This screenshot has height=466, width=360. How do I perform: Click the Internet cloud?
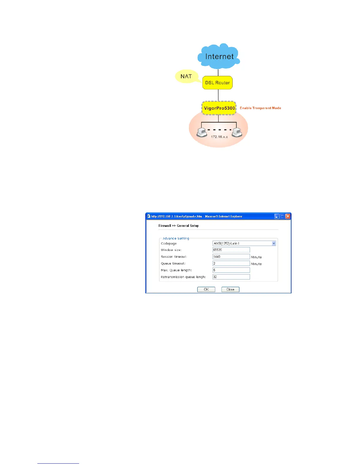219,56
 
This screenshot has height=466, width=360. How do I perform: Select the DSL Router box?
217,83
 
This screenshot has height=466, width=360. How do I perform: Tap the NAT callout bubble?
186,76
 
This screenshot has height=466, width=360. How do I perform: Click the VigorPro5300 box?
219,108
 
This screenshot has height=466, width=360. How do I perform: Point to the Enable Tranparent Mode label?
260,108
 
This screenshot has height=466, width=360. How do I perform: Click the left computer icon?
202,132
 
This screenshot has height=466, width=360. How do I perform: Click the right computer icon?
237,132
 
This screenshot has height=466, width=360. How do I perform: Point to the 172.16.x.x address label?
219,137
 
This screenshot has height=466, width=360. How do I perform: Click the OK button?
206,289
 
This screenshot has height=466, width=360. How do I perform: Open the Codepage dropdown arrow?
274,243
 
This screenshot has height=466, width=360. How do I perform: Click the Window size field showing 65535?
231,250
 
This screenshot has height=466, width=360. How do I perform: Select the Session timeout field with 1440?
231,257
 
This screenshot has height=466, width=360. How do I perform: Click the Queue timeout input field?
231,263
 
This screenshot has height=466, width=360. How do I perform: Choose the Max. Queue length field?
231,270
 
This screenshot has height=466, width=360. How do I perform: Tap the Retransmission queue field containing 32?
231,277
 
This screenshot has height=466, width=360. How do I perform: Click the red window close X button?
288,216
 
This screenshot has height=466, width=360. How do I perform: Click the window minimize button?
276,216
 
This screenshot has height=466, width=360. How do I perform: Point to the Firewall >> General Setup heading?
179,226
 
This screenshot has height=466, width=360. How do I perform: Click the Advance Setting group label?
176,238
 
